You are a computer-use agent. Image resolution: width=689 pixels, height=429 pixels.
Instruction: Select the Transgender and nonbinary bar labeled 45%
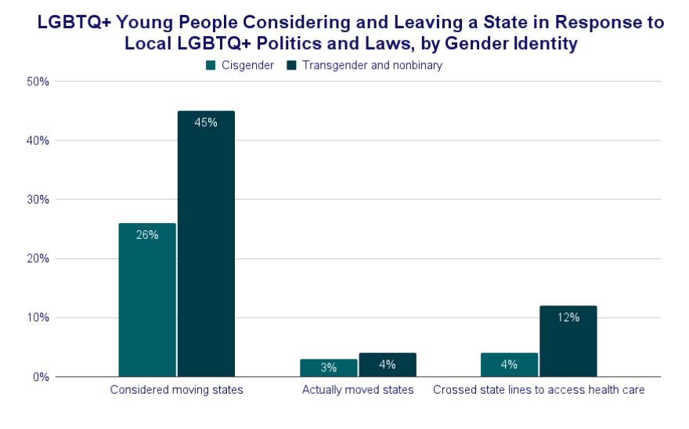click(x=206, y=243)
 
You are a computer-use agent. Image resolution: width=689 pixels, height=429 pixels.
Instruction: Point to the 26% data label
click(x=147, y=234)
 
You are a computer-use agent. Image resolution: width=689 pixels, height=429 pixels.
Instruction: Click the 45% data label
click(x=206, y=122)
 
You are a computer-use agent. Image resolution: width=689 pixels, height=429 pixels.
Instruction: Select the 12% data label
click(x=568, y=317)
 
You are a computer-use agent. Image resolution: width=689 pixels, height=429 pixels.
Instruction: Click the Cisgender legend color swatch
click(x=211, y=66)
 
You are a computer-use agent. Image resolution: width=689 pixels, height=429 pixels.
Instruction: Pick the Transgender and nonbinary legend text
click(x=372, y=66)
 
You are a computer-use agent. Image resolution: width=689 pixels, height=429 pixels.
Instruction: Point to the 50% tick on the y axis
click(x=38, y=81)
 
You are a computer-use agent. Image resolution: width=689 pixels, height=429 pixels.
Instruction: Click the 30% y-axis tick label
click(x=38, y=200)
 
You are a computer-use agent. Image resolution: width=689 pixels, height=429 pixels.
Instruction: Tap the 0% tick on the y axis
click(x=41, y=377)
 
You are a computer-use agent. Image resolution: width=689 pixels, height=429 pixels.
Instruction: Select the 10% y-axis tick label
click(x=38, y=318)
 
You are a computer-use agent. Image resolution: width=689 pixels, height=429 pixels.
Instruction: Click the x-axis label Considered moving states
click(x=176, y=390)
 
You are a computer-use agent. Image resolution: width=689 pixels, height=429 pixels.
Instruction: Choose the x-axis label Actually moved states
click(x=358, y=390)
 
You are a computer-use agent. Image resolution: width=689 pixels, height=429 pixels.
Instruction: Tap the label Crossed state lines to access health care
click(x=539, y=390)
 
